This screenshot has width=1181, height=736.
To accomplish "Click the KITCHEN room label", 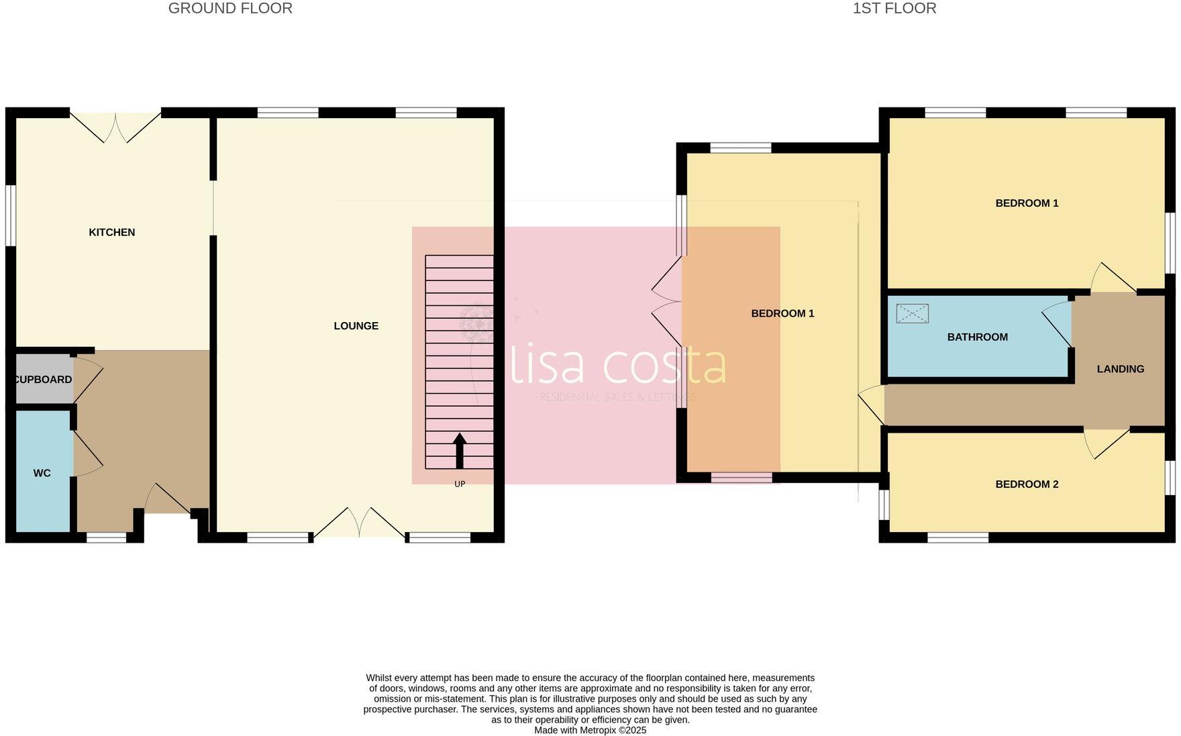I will tap(112, 232).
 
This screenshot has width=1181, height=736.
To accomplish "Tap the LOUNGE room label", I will tap(356, 325).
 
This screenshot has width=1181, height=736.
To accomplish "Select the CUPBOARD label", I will tap(43, 379).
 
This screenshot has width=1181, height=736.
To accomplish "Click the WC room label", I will tap(42, 473).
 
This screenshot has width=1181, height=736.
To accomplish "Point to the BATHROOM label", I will tap(977, 337).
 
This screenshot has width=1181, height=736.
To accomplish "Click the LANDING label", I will tap(1120, 368).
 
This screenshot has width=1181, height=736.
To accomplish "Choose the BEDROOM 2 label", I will tap(1026, 484).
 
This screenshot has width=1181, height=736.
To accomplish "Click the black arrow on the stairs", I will tap(460, 451).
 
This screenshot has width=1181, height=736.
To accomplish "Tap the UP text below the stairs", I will tap(460, 484).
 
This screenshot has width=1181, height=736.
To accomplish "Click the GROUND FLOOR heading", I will tap(230, 9).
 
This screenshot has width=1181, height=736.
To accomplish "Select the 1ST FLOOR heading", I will tap(894, 9).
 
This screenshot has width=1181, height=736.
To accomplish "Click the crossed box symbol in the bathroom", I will tap(912, 313).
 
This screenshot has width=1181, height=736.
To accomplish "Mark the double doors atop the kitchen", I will tap(115, 126).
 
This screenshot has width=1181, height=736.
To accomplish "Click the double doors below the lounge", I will tap(360, 522).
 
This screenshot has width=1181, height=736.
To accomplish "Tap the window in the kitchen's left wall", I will tap(11, 215).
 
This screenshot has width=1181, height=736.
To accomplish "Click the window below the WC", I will tap(107, 537).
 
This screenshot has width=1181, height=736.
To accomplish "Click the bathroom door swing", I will tap(1058, 324).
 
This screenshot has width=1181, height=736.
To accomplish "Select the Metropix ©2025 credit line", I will tap(590, 730).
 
